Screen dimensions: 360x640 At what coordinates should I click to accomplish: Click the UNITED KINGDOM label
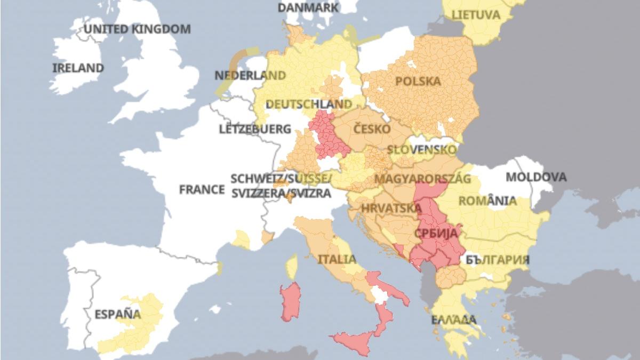[137, 29]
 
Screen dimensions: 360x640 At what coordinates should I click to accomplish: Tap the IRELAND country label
[78, 68]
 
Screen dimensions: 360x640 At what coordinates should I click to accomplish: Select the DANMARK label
[308, 7]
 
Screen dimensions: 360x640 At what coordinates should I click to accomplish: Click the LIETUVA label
[476, 14]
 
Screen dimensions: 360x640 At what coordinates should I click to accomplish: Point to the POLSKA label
[419, 81]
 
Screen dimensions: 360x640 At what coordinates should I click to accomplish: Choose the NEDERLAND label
[250, 75]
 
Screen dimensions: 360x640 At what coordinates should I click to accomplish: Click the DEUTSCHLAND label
[309, 104]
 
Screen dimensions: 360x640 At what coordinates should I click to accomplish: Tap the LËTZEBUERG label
[255, 129]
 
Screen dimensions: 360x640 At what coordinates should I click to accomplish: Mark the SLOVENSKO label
[422, 150]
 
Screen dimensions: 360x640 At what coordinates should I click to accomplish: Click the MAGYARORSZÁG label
[423, 178]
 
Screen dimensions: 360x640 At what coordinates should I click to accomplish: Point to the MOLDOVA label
[536, 177]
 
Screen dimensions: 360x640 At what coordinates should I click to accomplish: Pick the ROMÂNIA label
[487, 201]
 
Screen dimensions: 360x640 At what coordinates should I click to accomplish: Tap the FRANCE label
[202, 189]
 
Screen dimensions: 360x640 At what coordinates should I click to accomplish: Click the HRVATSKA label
[387, 208]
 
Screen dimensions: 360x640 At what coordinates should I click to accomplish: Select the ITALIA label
[337, 259]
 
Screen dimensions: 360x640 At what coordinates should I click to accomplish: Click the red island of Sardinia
[290, 301]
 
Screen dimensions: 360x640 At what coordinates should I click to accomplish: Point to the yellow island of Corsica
[292, 266]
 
